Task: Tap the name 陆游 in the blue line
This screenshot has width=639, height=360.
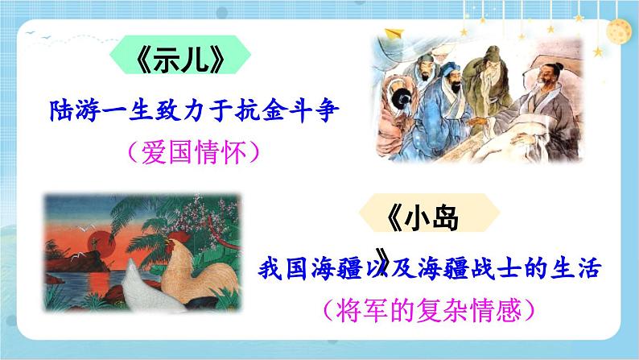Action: (x=68, y=108)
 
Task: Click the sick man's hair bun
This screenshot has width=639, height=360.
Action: (x=555, y=61)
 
